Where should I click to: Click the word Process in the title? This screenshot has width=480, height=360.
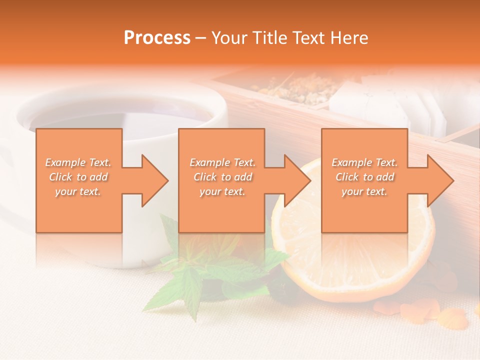tap(157, 38)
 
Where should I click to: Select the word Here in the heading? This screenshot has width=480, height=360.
tap(349, 38)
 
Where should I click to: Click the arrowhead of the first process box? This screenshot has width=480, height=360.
tap(155, 180)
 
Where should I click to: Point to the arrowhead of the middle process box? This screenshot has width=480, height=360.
tap(298, 180)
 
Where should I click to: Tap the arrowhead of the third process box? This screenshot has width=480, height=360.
tap(440, 180)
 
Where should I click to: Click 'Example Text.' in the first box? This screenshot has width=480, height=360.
tap(78, 162)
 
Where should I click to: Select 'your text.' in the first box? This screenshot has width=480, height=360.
tap(78, 191)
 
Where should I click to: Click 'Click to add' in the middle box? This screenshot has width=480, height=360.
tap(222, 177)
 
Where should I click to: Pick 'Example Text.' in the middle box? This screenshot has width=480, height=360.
tap(222, 162)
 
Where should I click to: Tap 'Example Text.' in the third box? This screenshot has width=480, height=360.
tap(364, 162)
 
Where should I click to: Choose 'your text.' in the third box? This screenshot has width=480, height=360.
tap(364, 191)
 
